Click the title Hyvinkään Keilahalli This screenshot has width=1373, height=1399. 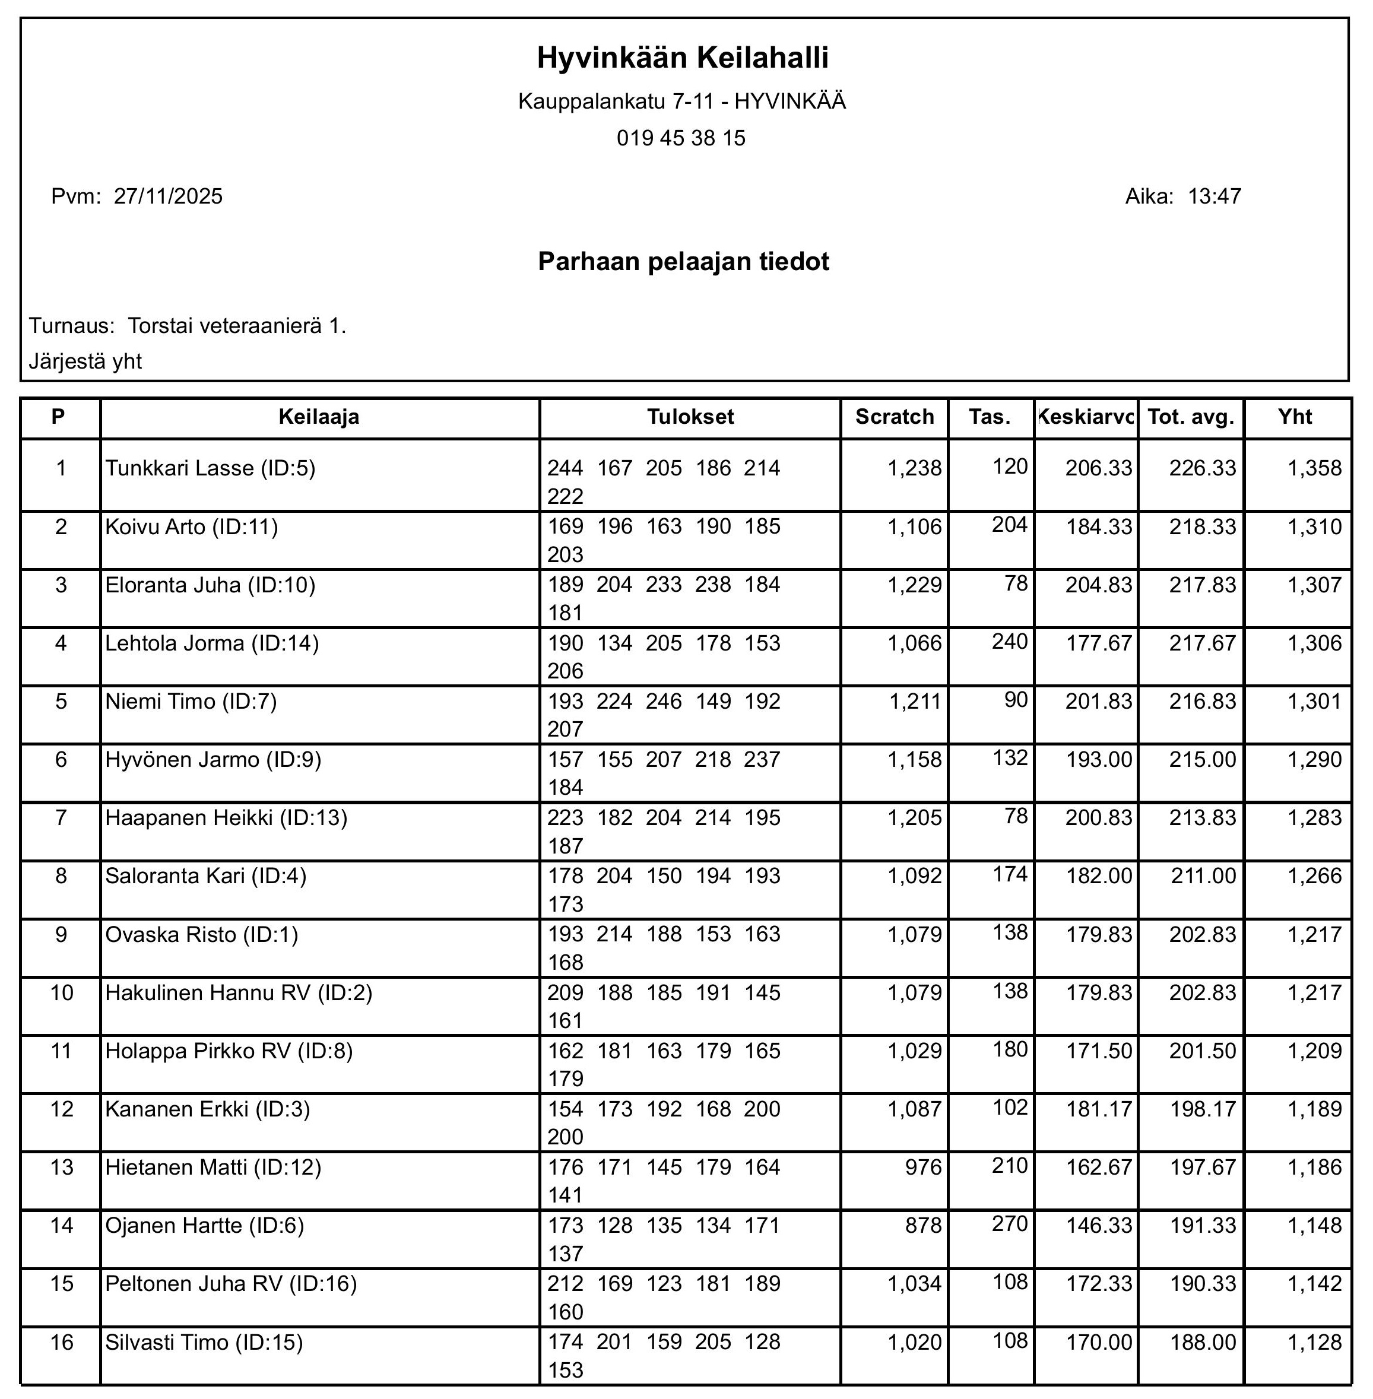[682, 58]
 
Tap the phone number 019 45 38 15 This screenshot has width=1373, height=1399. [681, 138]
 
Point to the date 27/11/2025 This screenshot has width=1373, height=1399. [168, 196]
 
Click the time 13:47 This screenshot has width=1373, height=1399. [1215, 196]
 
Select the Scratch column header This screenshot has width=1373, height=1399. [894, 417]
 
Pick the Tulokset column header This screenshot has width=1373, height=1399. [690, 417]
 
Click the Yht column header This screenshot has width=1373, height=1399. [1295, 417]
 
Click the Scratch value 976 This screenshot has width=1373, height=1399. [923, 1168]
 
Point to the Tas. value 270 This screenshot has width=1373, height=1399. [1010, 1224]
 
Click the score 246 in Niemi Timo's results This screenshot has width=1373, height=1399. [664, 702]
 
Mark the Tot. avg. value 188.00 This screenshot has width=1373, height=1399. [1202, 1343]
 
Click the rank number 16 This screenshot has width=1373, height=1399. [62, 1343]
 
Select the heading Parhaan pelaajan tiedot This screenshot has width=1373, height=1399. [684, 261]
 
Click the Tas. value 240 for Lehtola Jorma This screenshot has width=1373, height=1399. [1010, 641]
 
